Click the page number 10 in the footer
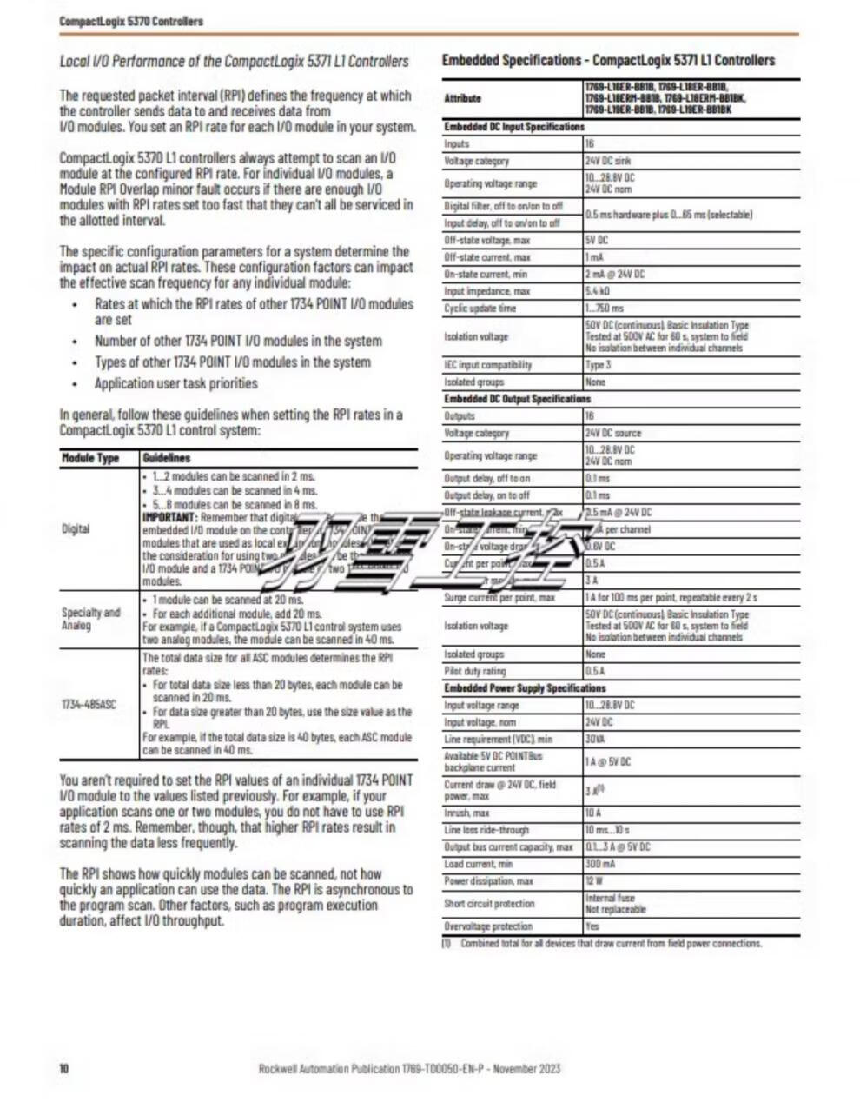point(63,1068)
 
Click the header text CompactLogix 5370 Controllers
point(131,21)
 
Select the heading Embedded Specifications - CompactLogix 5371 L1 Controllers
point(608,61)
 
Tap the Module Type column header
point(89,458)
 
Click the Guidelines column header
point(166,458)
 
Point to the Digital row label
point(76,528)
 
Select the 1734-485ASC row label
point(89,704)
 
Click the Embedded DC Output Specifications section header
point(517,399)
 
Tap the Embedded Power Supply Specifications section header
point(525,688)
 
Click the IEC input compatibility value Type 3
point(598,365)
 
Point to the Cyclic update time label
point(480,309)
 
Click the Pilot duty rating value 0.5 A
point(595,671)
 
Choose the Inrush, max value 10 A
point(592,813)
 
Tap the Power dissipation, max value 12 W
point(592,881)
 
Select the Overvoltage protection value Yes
point(592,926)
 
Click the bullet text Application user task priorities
point(176,383)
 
